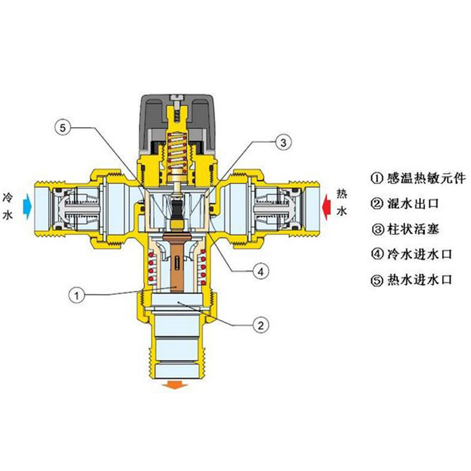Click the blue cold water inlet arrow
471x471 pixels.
tap(27, 206)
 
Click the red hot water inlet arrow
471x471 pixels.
tap(326, 207)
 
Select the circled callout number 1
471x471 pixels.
tap(77, 296)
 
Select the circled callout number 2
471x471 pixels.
tap(261, 325)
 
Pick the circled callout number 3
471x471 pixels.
tap(283, 142)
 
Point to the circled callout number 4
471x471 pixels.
tap(261, 271)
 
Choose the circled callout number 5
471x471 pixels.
tap(62, 128)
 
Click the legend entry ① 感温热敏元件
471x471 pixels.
tap(418, 178)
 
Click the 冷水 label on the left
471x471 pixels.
tap(8, 207)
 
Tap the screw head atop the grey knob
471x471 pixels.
tap(177, 98)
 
